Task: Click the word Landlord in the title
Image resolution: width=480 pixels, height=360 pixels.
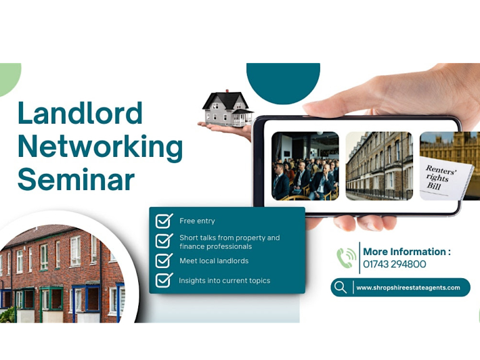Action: [80, 113]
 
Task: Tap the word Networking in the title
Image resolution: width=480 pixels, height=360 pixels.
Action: [100, 146]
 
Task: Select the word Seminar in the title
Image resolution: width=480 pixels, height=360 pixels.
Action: [76, 179]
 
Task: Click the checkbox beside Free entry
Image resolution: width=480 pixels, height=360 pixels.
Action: [164, 221]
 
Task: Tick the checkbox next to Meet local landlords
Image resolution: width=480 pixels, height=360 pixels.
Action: [164, 260]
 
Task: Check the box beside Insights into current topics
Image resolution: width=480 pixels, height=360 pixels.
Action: [164, 280]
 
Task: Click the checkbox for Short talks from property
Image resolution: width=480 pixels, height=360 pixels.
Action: [164, 241]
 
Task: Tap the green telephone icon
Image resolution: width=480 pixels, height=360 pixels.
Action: [346, 257]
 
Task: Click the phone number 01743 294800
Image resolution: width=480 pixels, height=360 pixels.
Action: [394, 264]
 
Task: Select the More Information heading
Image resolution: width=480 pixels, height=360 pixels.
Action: [406, 252]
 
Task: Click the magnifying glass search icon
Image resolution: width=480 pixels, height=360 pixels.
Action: [341, 287]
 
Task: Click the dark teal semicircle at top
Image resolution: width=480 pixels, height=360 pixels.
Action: [283, 78]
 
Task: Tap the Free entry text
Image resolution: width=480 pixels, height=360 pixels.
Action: [197, 221]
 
